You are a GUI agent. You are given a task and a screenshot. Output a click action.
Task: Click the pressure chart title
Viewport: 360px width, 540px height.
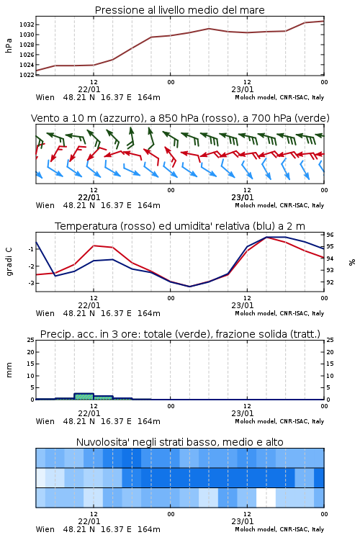[179, 10]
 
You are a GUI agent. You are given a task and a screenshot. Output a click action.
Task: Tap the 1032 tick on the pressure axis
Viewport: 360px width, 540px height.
[26, 24]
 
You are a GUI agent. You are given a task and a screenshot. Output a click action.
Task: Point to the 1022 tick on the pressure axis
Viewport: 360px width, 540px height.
[26, 75]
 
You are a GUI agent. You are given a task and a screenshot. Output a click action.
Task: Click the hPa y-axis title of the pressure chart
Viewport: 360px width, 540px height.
[9, 45]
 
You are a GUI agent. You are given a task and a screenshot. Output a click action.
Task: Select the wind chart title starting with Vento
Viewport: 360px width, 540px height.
[180, 118]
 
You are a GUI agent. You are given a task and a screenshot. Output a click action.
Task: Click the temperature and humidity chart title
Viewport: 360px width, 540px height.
[180, 226]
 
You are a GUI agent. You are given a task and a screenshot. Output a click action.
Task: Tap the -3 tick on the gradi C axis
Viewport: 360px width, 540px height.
[31, 283]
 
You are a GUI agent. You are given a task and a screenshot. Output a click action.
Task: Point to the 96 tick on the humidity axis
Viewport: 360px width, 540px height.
[330, 235]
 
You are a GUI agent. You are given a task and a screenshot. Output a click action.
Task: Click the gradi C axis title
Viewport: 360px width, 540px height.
[9, 261]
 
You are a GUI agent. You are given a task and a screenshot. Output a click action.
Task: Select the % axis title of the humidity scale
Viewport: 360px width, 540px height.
[352, 262]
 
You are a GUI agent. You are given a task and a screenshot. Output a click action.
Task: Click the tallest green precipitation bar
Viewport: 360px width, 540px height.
[84, 397]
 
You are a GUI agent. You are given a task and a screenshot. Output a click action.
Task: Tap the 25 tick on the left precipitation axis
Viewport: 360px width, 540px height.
[30, 340]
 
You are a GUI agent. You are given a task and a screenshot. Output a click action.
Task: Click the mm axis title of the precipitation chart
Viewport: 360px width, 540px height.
[9, 370]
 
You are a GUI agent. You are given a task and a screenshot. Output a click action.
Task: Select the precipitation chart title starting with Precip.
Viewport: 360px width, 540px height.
[180, 334]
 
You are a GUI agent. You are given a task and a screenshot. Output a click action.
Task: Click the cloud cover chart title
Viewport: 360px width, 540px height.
[179, 442]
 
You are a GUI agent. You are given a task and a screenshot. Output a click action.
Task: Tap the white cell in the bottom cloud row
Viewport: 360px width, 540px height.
[266, 498]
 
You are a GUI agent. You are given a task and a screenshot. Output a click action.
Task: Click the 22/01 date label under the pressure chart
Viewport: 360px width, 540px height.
[89, 89]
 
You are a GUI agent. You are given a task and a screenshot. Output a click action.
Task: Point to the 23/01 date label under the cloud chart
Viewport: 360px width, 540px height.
[242, 521]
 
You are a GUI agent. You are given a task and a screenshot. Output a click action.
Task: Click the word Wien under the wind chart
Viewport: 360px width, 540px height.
[45, 205]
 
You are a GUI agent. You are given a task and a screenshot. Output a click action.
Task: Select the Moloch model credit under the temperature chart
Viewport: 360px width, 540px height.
[279, 313]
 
